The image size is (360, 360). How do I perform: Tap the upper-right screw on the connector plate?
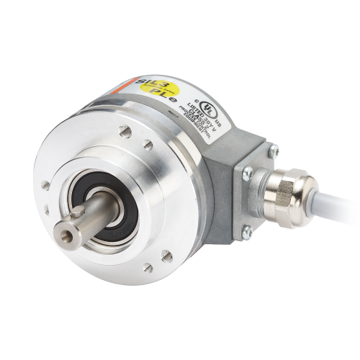(x=274, y=150)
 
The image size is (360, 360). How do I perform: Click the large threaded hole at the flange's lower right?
(x=168, y=253)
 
